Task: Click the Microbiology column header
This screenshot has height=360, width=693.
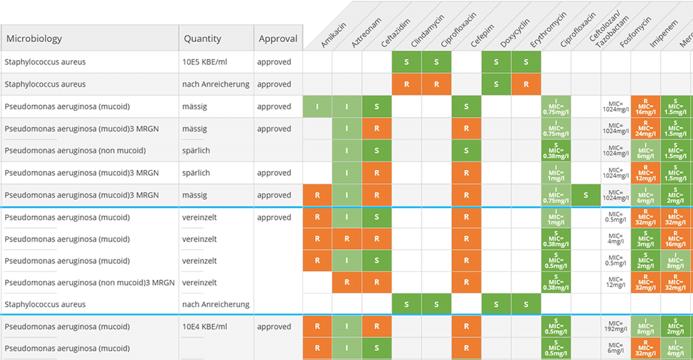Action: pos(35,39)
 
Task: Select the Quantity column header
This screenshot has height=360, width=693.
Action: pos(202,39)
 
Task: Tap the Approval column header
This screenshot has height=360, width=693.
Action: pos(278,39)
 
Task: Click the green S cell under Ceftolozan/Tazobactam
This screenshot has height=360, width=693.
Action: pos(586,195)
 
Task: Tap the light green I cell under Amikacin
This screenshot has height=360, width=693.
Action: pos(317,107)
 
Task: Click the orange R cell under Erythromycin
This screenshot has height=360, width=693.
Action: pos(526,84)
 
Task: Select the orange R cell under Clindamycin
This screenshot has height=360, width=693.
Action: pos(407,84)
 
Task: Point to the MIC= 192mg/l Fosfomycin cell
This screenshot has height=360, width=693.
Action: pos(616,326)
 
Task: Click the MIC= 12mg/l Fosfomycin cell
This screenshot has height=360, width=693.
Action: pos(616,283)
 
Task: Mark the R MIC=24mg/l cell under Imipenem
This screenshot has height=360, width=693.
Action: pos(646,129)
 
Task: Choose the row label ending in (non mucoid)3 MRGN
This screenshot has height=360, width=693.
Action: pos(90,283)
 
